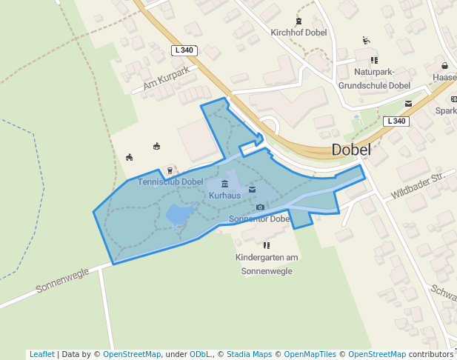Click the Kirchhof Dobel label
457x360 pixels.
point(298,33)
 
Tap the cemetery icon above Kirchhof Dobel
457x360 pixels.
point(298,21)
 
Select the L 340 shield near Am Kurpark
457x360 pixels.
point(184,50)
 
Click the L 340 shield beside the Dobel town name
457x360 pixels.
point(396,121)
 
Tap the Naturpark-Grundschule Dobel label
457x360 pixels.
point(374,79)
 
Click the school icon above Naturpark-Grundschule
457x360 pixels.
point(374,60)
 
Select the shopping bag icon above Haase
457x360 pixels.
point(444,65)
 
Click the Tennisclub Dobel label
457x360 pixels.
point(170,182)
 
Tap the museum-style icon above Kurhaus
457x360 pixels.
point(225,184)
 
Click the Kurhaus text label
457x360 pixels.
point(224,196)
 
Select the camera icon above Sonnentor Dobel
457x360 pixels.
point(260,207)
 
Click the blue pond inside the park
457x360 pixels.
point(178,214)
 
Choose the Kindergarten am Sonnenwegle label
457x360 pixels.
point(267,264)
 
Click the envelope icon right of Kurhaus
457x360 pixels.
point(252,190)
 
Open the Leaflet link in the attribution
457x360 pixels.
point(41,354)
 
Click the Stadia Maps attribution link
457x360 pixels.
point(249,354)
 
